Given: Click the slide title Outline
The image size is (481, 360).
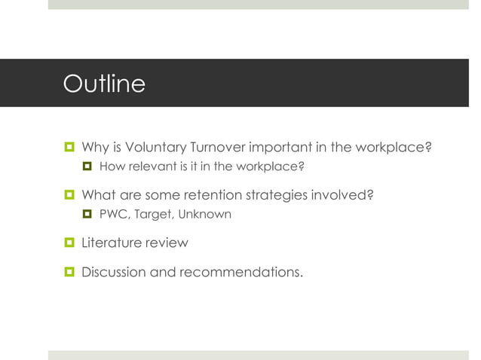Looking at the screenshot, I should [x=104, y=83].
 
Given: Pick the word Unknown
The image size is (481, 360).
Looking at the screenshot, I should [x=204, y=215].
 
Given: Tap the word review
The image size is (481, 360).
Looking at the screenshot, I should [x=167, y=243].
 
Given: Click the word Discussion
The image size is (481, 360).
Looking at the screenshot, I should [x=114, y=272].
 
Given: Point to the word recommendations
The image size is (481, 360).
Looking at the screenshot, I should [x=240, y=272].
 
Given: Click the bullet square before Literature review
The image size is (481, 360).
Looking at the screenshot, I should [x=69, y=243].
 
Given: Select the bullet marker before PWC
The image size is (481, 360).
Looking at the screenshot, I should [x=87, y=215].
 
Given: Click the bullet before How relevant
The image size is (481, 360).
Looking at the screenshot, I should [x=87, y=166].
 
